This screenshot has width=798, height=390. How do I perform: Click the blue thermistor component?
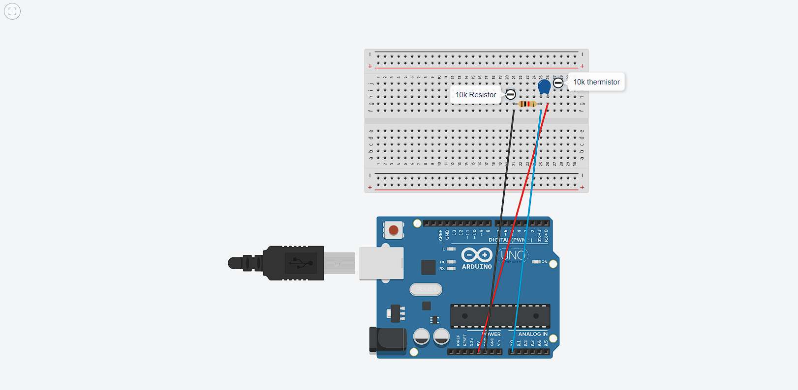(544, 87)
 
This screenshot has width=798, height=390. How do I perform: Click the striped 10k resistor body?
(527, 104)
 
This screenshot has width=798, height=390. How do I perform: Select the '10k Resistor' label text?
(475, 95)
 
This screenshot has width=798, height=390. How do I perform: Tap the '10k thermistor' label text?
(596, 82)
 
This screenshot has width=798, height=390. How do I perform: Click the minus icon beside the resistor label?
(511, 94)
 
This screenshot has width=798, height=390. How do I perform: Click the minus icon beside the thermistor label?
(558, 83)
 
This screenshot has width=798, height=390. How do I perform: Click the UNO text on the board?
(513, 255)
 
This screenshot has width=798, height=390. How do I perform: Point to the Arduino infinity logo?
(477, 255)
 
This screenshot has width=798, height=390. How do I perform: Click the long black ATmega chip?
(500, 316)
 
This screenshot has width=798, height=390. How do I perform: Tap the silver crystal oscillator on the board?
(426, 289)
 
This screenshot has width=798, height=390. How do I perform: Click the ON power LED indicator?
(536, 262)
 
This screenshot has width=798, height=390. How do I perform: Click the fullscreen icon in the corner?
(12, 11)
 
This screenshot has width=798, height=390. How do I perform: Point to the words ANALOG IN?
(532, 334)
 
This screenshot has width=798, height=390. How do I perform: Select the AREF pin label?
(440, 235)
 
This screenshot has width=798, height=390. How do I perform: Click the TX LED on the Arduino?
(451, 262)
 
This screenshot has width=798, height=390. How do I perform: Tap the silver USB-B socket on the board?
(381, 263)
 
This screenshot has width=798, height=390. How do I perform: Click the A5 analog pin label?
(546, 343)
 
